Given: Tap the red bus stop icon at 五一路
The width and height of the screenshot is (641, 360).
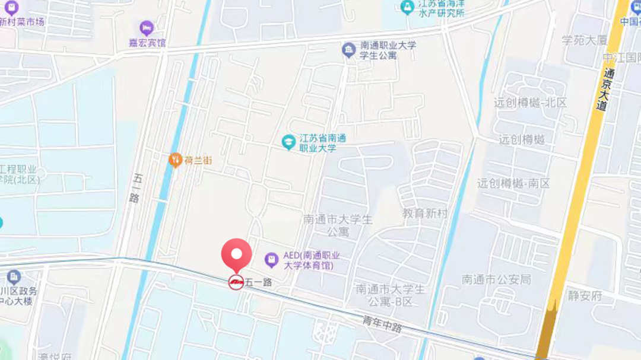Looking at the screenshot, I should (x=236, y=282).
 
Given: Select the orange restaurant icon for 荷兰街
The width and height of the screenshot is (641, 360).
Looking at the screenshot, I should (x=175, y=160).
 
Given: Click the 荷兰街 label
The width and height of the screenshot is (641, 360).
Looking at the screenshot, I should (x=198, y=160).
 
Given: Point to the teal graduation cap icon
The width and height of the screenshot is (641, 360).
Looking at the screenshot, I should (x=288, y=142).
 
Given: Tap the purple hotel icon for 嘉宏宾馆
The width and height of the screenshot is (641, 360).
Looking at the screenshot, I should (x=147, y=28).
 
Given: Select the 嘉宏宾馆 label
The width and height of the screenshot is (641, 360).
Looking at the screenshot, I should (x=148, y=43).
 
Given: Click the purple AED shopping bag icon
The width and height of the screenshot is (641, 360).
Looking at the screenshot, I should (x=271, y=259).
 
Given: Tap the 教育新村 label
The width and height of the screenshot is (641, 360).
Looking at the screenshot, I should (x=424, y=213).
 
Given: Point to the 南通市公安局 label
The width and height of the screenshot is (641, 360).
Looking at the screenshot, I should (x=496, y=279).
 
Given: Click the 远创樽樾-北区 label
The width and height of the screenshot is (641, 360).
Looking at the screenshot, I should (x=530, y=102).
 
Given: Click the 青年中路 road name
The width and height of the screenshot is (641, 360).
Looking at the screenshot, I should (x=383, y=324).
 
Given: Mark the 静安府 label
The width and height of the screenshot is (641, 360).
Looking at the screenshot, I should (x=585, y=295).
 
